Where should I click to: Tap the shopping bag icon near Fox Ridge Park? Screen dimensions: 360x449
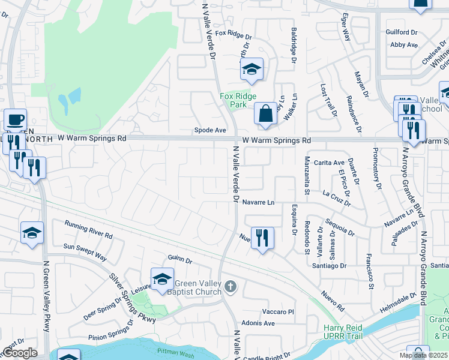click(x=265, y=113)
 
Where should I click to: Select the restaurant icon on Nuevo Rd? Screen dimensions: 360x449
click(x=262, y=238)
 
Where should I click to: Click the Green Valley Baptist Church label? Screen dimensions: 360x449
click(x=197, y=288)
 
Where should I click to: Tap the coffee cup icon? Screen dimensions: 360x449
click(x=15, y=119)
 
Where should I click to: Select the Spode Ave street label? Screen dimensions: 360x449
click(x=209, y=130)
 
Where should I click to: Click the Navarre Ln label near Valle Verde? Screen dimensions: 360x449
click(x=259, y=203)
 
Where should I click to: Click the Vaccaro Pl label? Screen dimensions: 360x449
click(x=279, y=312)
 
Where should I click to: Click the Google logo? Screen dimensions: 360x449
click(x=20, y=353)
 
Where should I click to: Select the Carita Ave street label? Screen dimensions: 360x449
click(x=329, y=163)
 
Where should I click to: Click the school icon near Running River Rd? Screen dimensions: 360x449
click(x=32, y=233)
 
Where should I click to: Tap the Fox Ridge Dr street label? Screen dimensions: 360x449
click(x=234, y=35)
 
